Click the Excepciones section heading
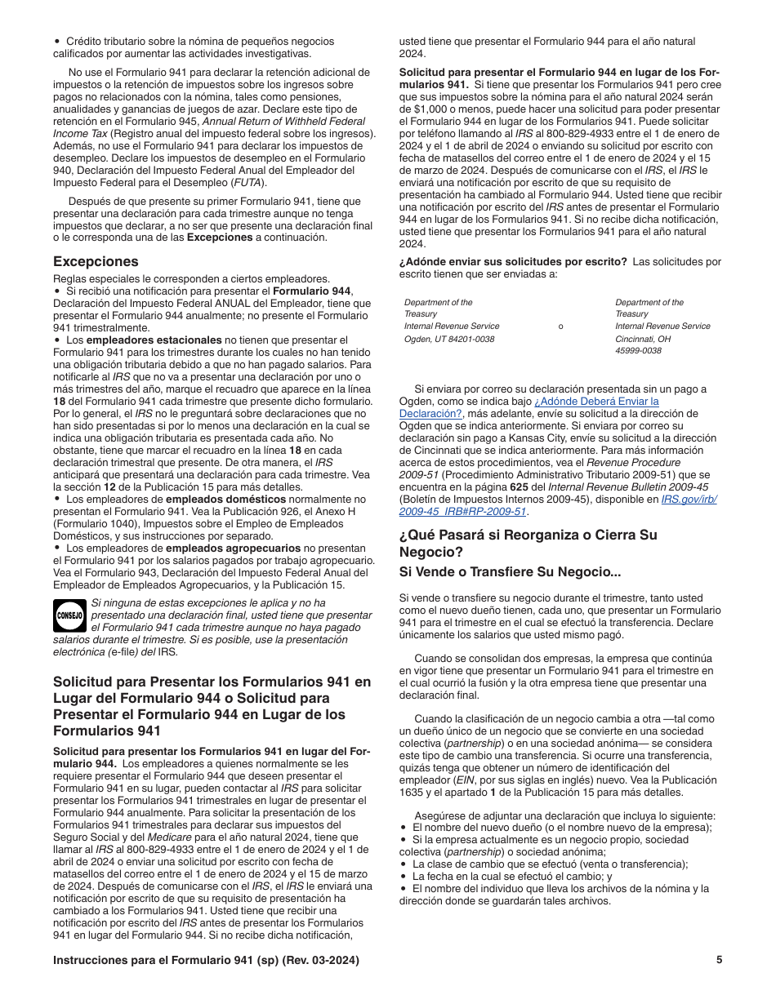[96, 262]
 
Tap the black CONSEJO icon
[69, 615]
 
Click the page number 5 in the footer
[719, 960]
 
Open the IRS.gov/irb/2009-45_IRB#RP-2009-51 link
[557, 505]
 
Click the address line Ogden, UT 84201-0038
[449, 339]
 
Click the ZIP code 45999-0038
[638, 351]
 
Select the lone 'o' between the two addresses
[560, 327]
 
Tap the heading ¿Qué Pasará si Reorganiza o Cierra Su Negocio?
[528, 543]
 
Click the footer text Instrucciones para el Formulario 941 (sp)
[205, 960]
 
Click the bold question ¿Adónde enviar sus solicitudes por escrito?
[513, 262]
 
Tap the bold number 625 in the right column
[519, 487]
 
